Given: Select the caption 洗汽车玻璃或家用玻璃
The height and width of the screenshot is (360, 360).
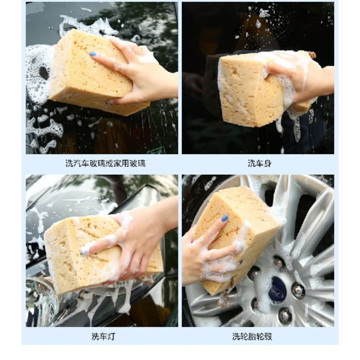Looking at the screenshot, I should [x=105, y=164].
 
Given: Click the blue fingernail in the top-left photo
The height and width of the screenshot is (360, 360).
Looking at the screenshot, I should [x=93, y=53].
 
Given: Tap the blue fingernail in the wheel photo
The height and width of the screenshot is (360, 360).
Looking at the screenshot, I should [x=225, y=218].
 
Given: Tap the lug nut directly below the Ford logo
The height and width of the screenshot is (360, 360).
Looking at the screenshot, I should [x=284, y=315].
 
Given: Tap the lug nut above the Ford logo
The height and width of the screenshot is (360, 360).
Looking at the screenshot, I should [x=278, y=262].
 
